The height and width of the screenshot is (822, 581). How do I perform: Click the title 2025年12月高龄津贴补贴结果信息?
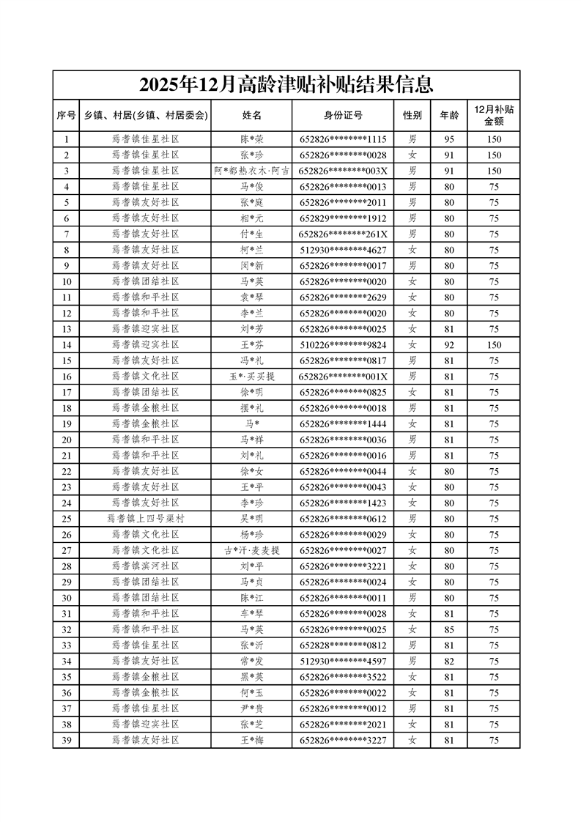pyautogui.click(x=286, y=85)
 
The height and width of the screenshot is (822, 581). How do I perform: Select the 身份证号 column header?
pyautogui.click(x=343, y=115)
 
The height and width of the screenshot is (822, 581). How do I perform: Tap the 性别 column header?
pyautogui.click(x=412, y=115)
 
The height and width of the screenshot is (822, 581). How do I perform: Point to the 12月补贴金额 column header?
pyautogui.click(x=494, y=115)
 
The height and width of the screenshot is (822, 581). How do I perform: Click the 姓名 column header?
pyautogui.click(x=251, y=115)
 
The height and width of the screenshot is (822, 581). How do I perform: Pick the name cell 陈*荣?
pyautogui.click(x=251, y=139)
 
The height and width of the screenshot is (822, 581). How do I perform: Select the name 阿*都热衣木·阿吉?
pyautogui.click(x=251, y=171)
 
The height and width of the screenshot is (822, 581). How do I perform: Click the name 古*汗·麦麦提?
pyautogui.click(x=251, y=550)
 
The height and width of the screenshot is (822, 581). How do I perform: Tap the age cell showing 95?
pyautogui.click(x=449, y=139)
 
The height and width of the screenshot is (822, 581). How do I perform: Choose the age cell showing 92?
pyautogui.click(x=449, y=344)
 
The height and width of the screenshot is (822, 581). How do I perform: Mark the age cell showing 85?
pyautogui.click(x=449, y=629)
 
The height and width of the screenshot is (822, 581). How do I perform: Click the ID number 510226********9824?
pyautogui.click(x=343, y=344)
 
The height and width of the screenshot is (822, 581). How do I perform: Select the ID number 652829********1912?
pyautogui.click(x=343, y=218)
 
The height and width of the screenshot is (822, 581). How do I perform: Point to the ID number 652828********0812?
pyautogui.click(x=343, y=645)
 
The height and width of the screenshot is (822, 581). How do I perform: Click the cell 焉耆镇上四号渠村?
pyautogui.click(x=145, y=519)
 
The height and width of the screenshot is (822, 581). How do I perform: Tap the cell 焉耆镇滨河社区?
pyautogui.click(x=145, y=566)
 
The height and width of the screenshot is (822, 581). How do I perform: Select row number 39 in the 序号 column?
pyautogui.click(x=67, y=740)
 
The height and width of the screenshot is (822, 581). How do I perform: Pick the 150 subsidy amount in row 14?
pyautogui.click(x=494, y=344)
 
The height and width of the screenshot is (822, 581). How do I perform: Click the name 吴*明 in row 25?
pyautogui.click(x=251, y=519)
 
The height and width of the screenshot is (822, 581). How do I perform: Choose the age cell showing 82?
pyautogui.click(x=449, y=661)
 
